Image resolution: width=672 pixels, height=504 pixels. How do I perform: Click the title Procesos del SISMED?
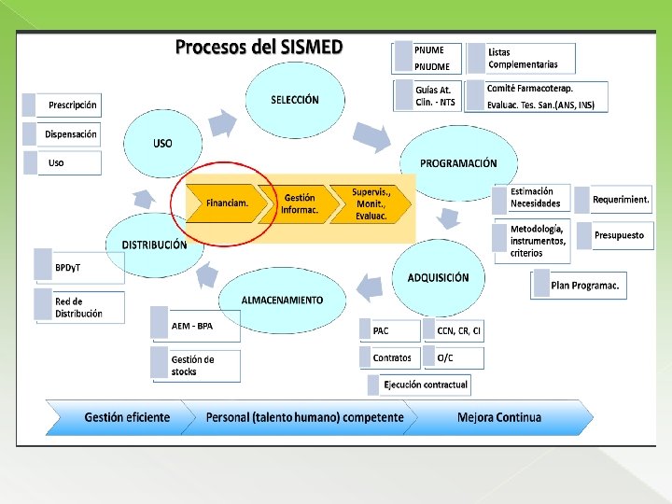click(260, 47)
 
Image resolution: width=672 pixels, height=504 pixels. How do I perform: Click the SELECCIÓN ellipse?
click(294, 100)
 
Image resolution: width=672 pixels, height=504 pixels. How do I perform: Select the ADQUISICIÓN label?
click(438, 277)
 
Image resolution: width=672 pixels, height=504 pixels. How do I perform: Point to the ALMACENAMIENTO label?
click(282, 300)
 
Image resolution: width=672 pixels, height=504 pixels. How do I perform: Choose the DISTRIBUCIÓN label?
click(154, 245)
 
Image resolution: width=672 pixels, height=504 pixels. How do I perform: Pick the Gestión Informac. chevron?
click(300, 203)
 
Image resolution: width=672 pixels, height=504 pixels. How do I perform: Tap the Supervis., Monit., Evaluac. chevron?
click(371, 203)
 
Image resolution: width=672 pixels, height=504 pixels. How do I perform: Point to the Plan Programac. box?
click(580, 285)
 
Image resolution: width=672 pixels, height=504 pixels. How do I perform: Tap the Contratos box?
click(390, 357)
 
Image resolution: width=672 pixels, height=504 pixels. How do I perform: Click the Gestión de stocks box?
click(196, 366)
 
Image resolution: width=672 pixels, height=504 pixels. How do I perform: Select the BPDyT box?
click(78, 267)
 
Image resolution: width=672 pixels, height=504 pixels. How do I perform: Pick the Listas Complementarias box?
click(522, 58)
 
